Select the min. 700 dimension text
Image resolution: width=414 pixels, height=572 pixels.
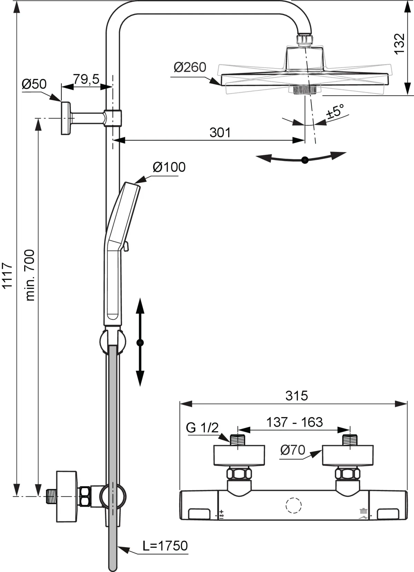click(30, 275)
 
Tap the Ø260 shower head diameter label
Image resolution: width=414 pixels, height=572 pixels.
click(190, 67)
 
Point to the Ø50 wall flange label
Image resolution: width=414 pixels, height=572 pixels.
click(34, 84)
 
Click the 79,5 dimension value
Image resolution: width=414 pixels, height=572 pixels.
click(86, 79)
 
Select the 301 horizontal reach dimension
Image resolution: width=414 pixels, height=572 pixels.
click(220, 133)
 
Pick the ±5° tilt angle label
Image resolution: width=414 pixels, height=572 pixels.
click(335, 112)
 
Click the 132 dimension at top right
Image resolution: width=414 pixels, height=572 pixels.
click(400, 43)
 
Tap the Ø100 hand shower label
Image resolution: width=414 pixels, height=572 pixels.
click(169, 167)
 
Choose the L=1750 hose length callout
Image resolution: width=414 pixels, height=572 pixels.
click(165, 546)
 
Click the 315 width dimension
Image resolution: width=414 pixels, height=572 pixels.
click(296, 396)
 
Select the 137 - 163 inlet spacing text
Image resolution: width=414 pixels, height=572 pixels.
click(294, 422)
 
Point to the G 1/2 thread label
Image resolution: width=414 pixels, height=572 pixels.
click(202, 428)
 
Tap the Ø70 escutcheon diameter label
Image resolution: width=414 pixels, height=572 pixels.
click(293, 450)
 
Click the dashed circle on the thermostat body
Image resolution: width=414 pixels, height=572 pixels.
click(294, 505)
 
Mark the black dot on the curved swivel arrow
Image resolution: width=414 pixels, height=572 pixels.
click(305, 160)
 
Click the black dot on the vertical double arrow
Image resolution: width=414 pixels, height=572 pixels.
click(140, 343)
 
